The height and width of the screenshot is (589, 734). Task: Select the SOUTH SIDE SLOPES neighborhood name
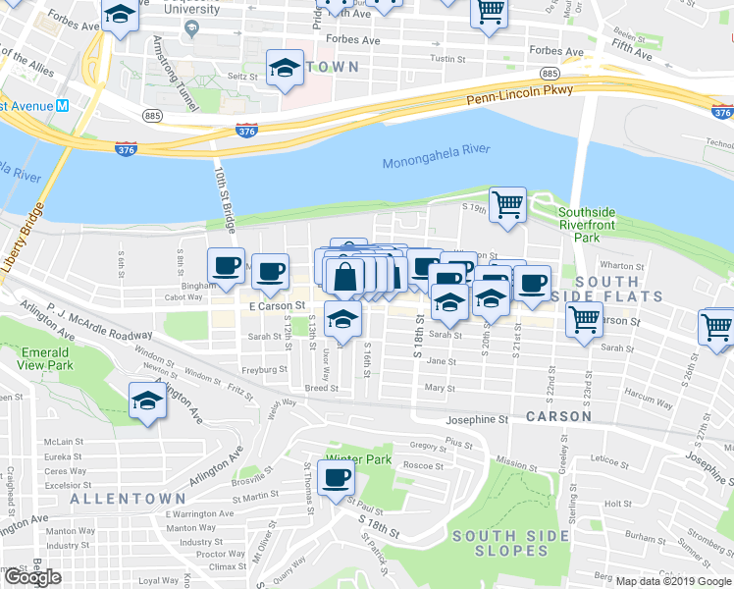(510, 543)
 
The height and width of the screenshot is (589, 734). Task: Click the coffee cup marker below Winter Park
(337, 478)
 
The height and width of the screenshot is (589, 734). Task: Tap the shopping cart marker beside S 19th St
(507, 205)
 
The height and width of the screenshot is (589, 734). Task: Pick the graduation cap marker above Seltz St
(285, 68)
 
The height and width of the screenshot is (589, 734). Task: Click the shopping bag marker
(347, 277)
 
